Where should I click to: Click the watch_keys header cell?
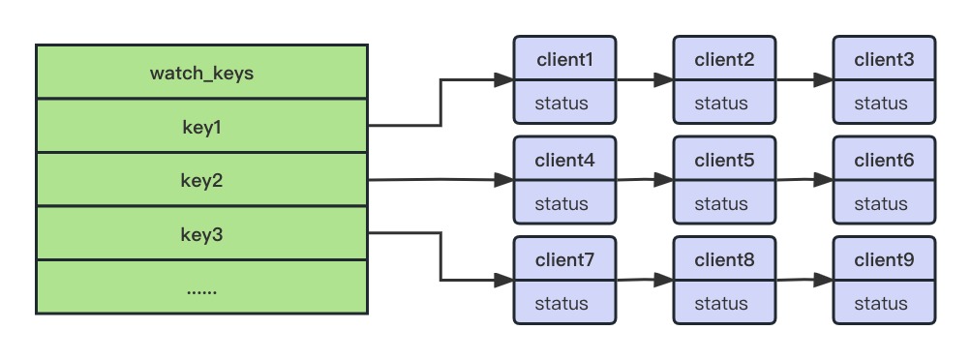pos(201,73)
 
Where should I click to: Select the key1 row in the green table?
pos(201,126)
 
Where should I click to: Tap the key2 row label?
pos(201,180)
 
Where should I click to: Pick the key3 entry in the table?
pos(201,234)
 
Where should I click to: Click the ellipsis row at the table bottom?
pos(201,288)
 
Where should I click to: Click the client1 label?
pos(564,60)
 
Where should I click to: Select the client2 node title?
pos(724,60)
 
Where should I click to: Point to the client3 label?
pos(884,60)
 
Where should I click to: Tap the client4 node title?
pos(564,161)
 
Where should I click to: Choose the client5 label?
pos(724,161)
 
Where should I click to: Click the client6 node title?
pos(884,161)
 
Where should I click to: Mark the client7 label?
pos(564,260)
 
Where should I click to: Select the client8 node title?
pos(724,260)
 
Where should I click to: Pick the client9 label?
pos(884,260)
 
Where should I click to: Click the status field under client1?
pos(561,104)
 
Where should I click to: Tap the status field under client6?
pos(881,204)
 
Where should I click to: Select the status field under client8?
pos(721,304)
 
